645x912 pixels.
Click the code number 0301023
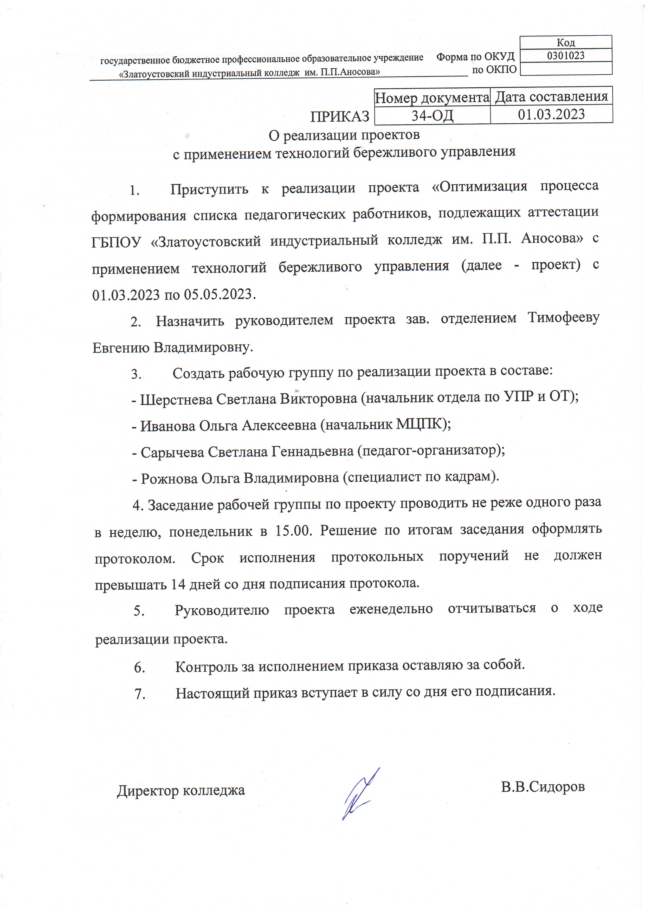[x=565, y=56]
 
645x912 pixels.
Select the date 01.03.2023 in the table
[x=551, y=114]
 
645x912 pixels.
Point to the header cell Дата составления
[x=551, y=96]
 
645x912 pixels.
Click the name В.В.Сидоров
[x=543, y=787]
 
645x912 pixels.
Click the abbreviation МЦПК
[x=421, y=425]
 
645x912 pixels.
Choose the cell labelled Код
[x=565, y=42]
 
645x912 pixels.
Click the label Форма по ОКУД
[x=475, y=57]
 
